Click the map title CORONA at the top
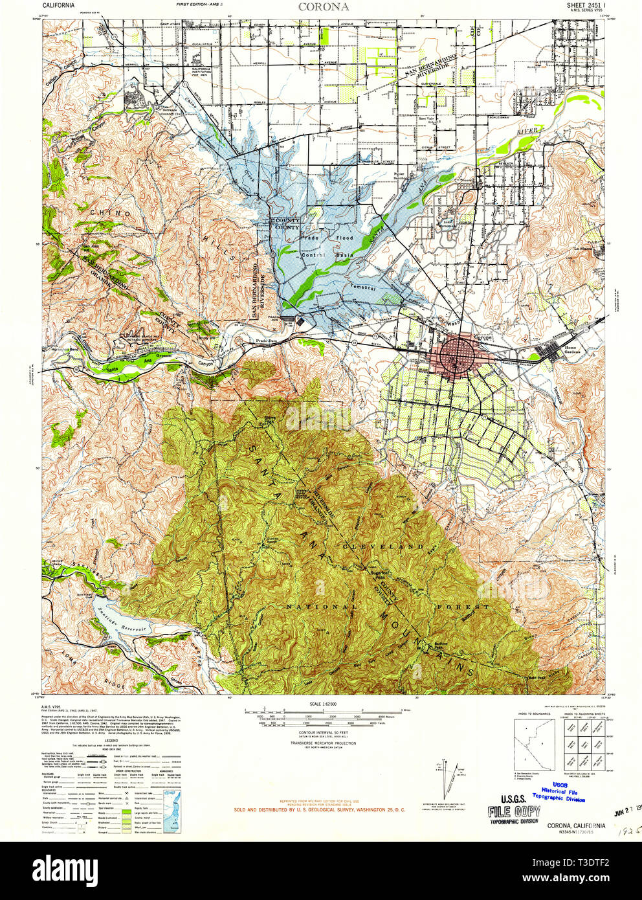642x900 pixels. [324, 7]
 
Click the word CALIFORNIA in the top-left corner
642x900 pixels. [58, 5]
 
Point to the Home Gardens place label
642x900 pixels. [570, 350]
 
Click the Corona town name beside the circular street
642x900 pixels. [483, 337]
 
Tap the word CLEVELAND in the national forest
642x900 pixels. [382, 546]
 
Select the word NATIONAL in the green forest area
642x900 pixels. [322, 607]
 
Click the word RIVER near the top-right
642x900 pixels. [527, 131]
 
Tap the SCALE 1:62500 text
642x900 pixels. [324, 704]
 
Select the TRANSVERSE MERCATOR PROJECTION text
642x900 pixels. [324, 743]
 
